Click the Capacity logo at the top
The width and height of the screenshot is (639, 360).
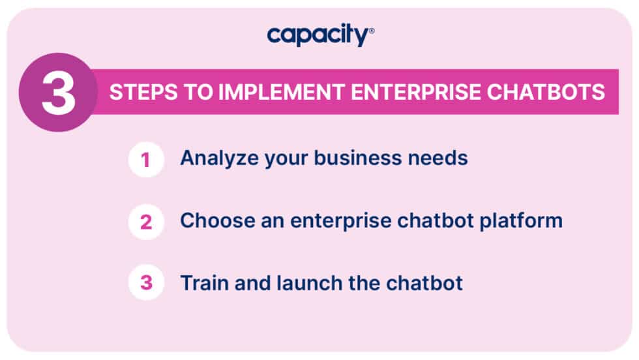tap(318, 35)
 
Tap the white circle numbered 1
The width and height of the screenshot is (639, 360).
tap(146, 160)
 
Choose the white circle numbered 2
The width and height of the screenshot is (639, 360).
tap(146, 222)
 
